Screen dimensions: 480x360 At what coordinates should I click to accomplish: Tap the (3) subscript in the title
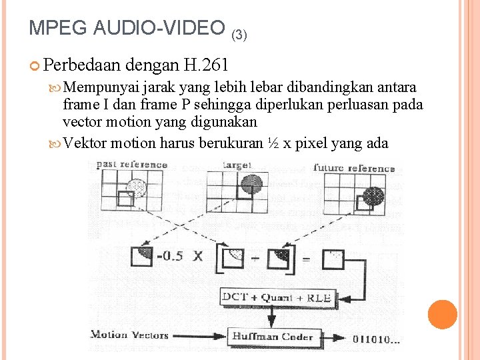click(x=239, y=32)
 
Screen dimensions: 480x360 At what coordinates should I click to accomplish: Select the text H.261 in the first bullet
click(x=206, y=65)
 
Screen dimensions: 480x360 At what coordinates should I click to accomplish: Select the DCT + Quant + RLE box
click(x=276, y=297)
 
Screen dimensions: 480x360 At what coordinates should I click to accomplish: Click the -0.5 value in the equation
click(x=170, y=255)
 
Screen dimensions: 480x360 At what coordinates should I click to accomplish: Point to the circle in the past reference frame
click(x=135, y=187)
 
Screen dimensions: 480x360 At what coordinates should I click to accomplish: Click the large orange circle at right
click(x=443, y=315)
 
